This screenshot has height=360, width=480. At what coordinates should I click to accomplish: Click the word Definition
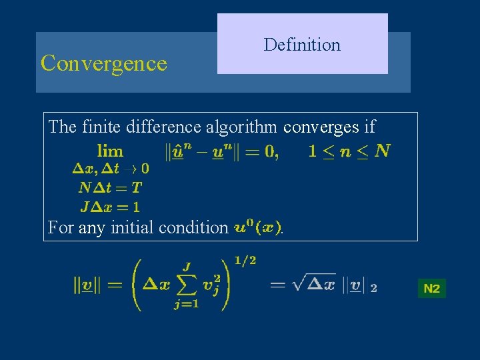click(x=302, y=45)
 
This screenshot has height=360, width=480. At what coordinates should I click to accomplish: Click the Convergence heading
click(x=103, y=63)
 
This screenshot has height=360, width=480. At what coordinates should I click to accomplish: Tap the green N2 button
click(x=431, y=289)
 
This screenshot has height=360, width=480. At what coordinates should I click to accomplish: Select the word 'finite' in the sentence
click(x=100, y=126)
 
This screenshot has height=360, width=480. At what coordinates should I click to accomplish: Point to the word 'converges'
click(x=321, y=126)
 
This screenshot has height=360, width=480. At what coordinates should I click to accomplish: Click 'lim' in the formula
click(x=110, y=151)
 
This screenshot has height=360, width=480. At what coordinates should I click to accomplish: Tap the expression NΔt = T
click(x=110, y=187)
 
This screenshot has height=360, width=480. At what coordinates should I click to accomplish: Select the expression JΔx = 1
click(x=111, y=206)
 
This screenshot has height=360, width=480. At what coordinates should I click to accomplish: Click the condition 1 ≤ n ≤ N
click(x=349, y=151)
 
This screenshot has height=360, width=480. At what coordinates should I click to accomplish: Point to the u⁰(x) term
click(x=257, y=227)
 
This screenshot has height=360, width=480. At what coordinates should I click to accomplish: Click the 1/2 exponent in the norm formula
click(x=245, y=260)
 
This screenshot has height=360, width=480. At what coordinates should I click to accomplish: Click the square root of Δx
click(x=311, y=285)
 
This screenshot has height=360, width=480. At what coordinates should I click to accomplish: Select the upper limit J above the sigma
click(x=187, y=267)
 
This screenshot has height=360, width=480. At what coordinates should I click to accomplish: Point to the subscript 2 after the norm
click(x=373, y=289)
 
